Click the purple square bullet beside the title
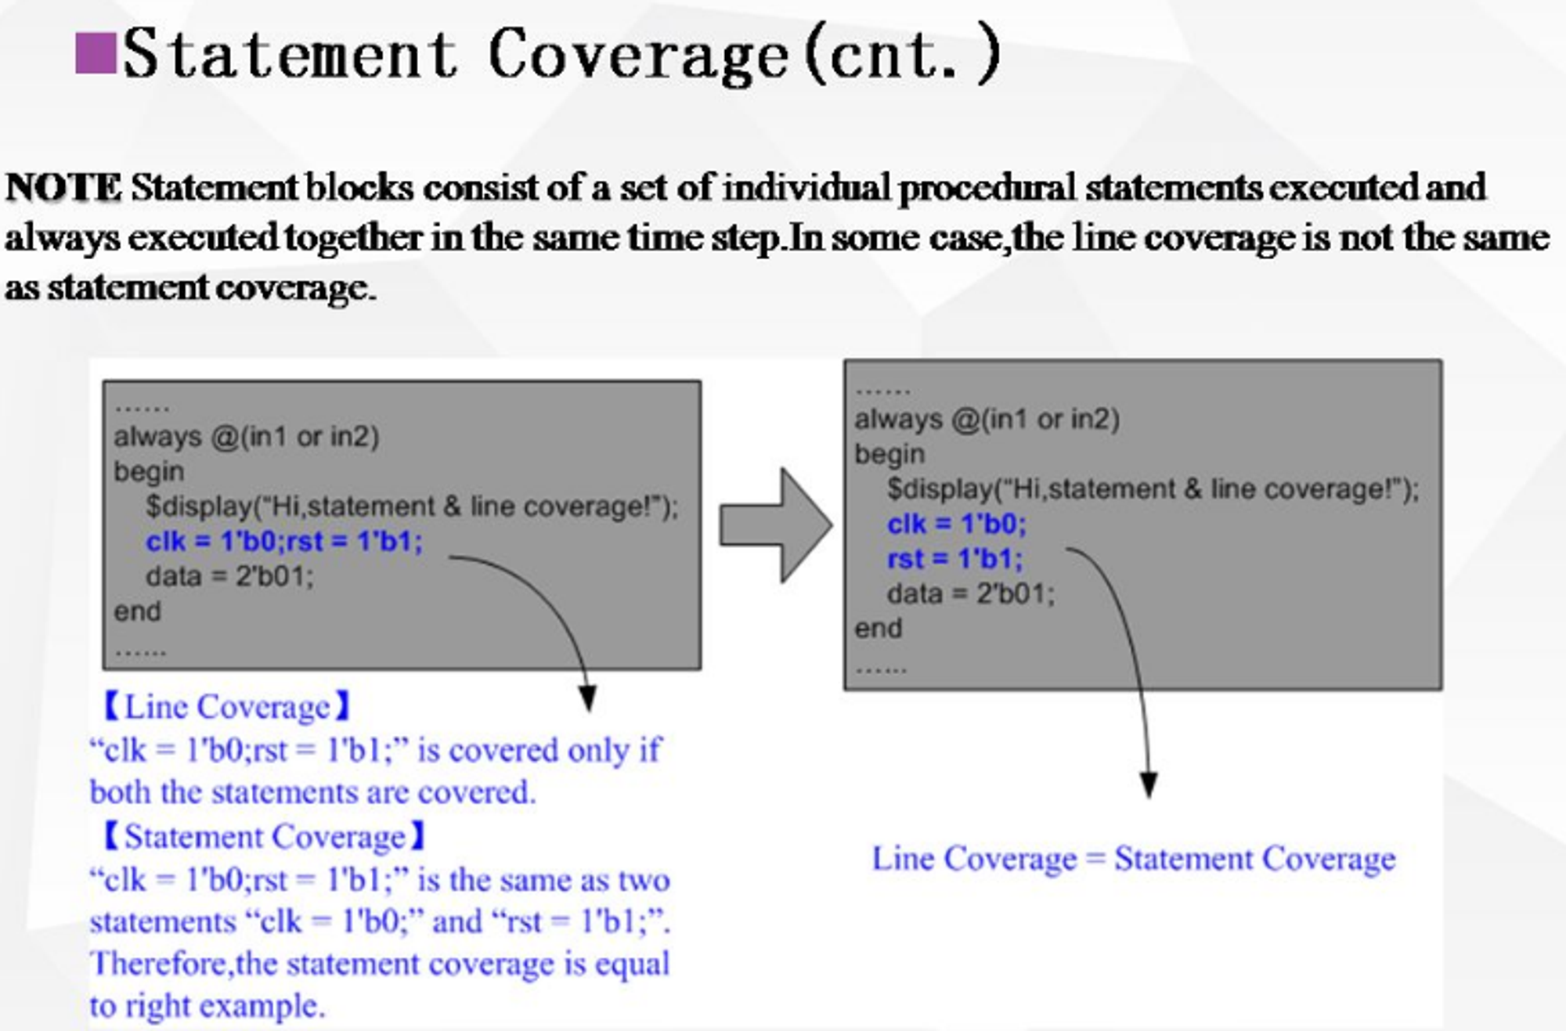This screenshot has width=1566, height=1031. pos(96,53)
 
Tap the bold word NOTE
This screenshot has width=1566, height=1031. pos(63,188)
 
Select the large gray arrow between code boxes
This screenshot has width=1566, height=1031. pos(775,525)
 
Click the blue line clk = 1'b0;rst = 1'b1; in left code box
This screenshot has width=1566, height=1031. pos(284,542)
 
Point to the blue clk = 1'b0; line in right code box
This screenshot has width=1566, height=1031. pos(956,524)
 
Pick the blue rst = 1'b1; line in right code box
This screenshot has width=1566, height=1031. pos(954,559)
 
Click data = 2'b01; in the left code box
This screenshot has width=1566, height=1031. pos(229,577)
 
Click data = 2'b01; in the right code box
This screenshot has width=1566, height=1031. pos(971,594)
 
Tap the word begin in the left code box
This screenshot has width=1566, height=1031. pos(149,472)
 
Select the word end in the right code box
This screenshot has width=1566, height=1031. pos(878,629)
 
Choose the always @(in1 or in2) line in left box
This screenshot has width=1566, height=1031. pos(247,436)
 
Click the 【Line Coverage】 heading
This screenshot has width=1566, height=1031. pos(227,707)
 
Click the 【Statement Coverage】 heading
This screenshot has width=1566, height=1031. pos(265,837)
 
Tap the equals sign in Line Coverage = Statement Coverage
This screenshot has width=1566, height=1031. pos(1095,859)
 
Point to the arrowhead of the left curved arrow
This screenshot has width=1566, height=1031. pos(587,699)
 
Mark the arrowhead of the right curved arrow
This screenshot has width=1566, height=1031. pos(1149,784)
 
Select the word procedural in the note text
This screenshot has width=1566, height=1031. pos(987,188)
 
